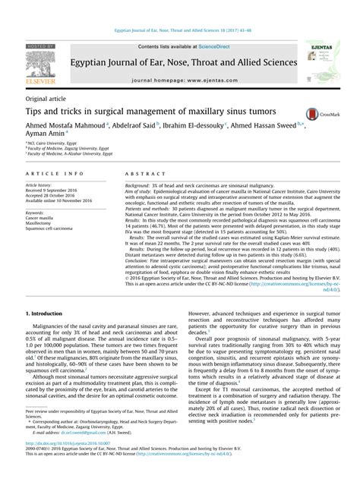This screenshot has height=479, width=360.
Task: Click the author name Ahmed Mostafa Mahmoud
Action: pos(66,124)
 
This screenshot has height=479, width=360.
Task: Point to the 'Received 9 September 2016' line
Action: pos(60,191)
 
